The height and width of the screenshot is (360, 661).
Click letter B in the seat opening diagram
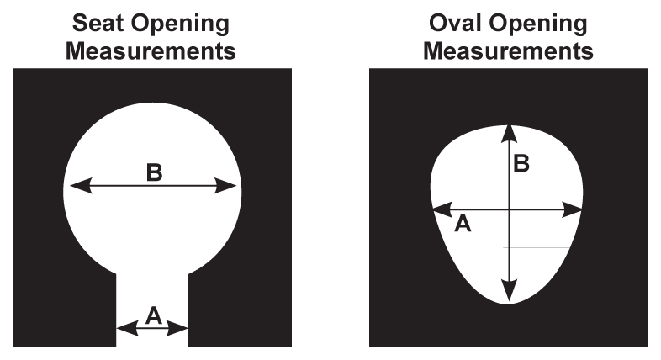click(154, 172)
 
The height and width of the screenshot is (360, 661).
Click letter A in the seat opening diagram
click(153, 315)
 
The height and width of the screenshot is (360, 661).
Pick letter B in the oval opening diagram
click(521, 163)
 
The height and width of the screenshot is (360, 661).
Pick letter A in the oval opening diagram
click(462, 223)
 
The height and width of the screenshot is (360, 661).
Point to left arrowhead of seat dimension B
click(74, 186)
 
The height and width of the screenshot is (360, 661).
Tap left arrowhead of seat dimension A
click(123, 328)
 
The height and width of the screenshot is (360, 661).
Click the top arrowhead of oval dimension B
click(508, 131)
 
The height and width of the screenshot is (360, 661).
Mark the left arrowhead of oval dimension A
click(439, 210)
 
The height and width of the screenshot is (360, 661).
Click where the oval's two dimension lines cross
click(508, 210)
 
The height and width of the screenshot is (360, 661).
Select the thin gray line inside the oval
click(539, 247)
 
